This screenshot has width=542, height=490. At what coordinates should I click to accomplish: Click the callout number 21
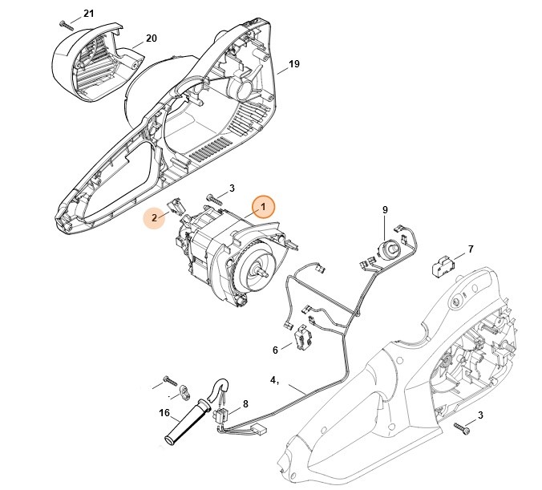coord(88,14)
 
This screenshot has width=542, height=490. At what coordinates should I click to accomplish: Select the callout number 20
coord(151,38)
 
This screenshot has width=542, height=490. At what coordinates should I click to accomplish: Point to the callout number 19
coord(293,63)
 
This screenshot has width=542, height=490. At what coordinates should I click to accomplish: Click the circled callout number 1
coord(261,207)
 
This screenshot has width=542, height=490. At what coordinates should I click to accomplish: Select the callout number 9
coord(385,210)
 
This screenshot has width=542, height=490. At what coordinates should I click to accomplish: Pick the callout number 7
coord(470,249)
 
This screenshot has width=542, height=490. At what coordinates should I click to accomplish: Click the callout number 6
coord(275,350)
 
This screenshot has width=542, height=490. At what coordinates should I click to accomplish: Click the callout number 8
coord(245,405)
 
